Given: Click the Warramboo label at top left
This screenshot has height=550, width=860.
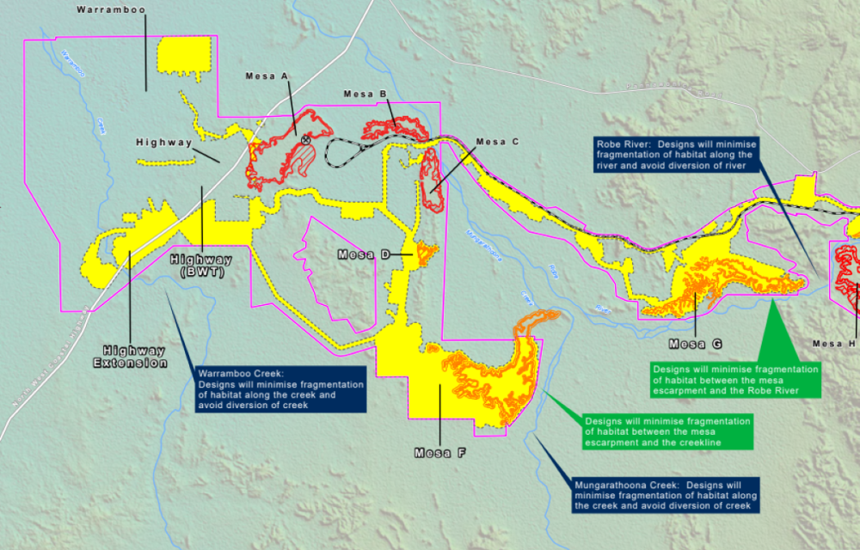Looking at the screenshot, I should coord(110,9).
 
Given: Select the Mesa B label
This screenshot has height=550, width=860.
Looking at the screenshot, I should coord(370,94).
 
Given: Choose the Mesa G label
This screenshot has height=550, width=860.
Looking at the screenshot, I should coord(694,344).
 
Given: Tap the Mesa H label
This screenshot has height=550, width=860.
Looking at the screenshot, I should coord(834,344).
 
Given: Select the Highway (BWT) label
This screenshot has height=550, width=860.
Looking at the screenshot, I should coord(203,266).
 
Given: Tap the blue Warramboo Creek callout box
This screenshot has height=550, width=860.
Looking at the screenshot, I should coord(279,390).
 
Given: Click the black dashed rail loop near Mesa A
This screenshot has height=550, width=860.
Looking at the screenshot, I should coord(340,156).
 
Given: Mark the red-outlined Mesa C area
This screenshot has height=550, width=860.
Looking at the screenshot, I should coord(433,186).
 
